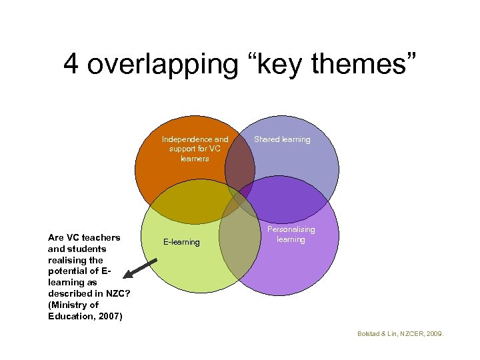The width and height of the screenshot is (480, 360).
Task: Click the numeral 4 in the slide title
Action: [x=72, y=64]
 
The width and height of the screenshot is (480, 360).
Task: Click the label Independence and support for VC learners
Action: [x=195, y=149]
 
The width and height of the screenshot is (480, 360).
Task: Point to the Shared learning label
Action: [x=282, y=139]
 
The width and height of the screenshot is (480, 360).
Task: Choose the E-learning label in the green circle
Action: [x=182, y=242]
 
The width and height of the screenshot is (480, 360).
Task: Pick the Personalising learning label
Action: [x=291, y=234]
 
